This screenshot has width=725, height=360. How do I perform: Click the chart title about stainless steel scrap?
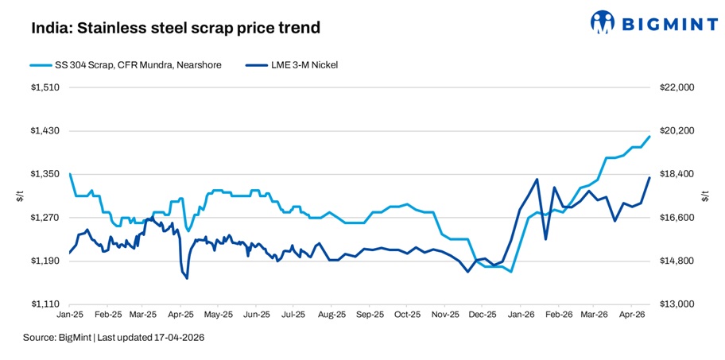tap(176, 29)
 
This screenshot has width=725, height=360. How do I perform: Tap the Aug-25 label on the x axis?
tap(328, 315)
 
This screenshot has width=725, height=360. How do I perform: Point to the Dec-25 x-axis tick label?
tap(482, 315)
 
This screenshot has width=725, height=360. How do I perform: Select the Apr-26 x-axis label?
tap(631, 315)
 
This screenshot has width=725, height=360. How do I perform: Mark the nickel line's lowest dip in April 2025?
tap(187, 278)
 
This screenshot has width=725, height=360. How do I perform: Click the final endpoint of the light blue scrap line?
tap(650, 136)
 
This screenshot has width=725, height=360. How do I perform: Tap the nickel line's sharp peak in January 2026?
tap(537, 179)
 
